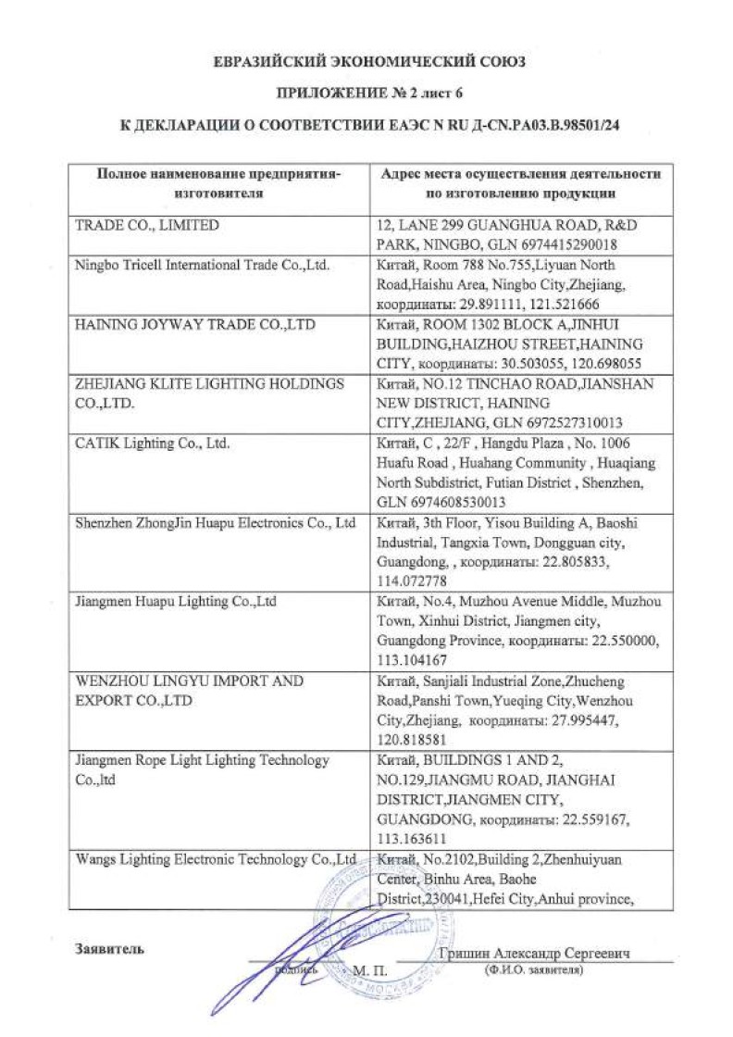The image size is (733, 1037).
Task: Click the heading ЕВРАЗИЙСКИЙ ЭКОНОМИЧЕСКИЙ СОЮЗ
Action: (x=368, y=63)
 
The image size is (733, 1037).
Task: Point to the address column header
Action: (x=517, y=183)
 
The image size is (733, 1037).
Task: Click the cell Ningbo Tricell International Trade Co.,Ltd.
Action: (x=202, y=265)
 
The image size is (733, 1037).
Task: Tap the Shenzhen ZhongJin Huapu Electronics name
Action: (x=215, y=523)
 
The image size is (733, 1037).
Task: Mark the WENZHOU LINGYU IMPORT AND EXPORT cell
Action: (x=189, y=690)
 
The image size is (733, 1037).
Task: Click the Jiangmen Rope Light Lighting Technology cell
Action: (x=202, y=768)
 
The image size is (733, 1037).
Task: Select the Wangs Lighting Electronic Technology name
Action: (x=216, y=859)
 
